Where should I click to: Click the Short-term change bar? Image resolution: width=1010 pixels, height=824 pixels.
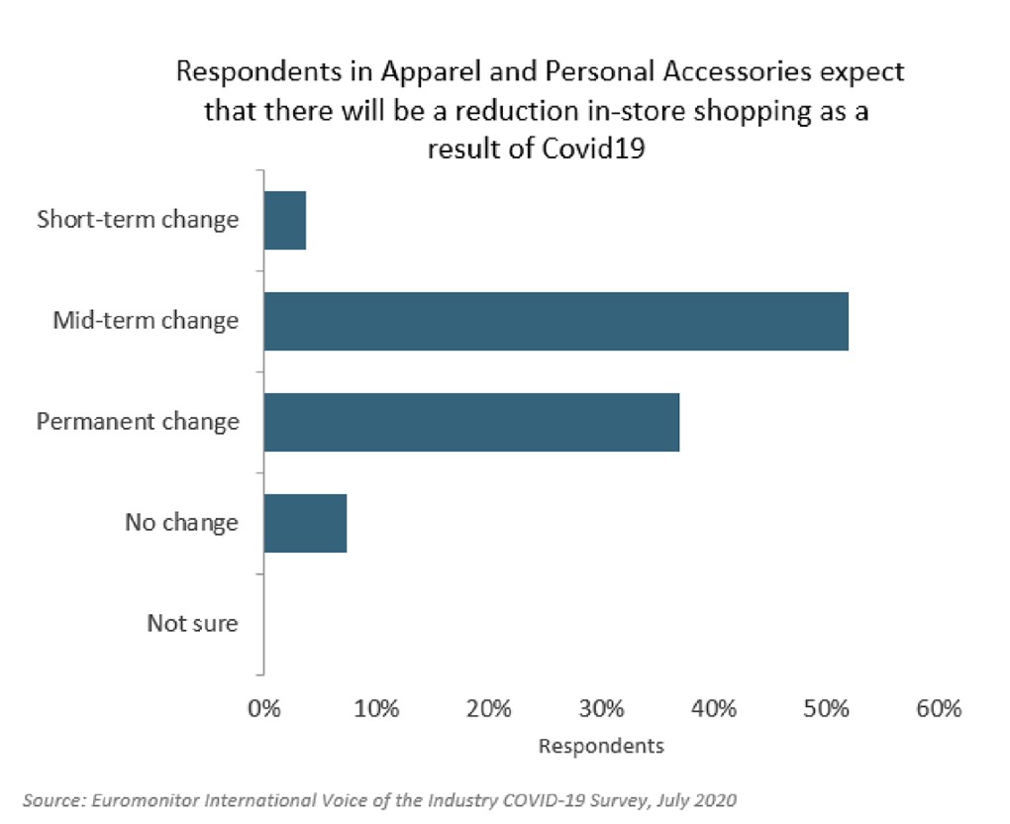click(285, 220)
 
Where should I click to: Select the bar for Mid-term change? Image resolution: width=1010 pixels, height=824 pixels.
click(555, 321)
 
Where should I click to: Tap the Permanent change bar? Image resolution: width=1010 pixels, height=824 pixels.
click(471, 422)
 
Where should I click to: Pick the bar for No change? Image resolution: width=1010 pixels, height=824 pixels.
click(305, 523)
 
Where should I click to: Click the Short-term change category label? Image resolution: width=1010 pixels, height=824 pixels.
click(138, 219)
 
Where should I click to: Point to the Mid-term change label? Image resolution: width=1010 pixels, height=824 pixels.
click(146, 321)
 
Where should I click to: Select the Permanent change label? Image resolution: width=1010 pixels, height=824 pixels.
click(138, 422)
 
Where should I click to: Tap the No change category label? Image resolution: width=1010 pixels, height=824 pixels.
click(181, 522)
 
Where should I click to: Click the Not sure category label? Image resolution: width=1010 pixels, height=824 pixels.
click(192, 624)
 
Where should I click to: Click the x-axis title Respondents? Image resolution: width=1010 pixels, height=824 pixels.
click(601, 746)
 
